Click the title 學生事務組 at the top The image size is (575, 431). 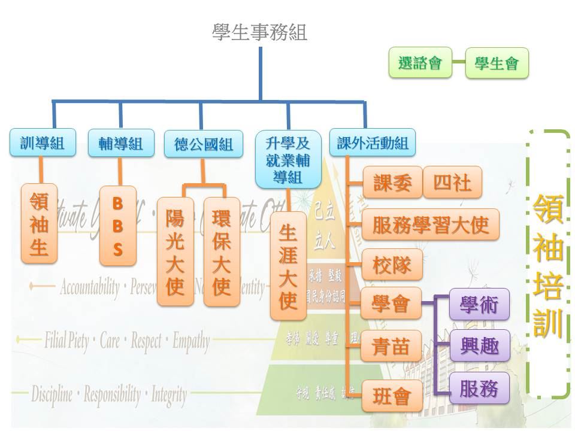[259, 32]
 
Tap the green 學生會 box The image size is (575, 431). [497, 63]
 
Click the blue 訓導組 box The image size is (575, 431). [41, 143]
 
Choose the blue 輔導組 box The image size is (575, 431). [120, 143]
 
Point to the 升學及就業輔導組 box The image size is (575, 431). [287, 159]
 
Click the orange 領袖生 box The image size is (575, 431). [39, 223]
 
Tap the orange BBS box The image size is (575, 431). [117, 226]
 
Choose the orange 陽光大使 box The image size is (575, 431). [175, 251]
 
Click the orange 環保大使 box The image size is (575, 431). [222, 251]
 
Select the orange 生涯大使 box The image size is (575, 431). [289, 266]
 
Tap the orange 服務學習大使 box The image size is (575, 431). [431, 225]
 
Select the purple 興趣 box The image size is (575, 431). [480, 345]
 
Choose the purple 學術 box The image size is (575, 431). [480, 303]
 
